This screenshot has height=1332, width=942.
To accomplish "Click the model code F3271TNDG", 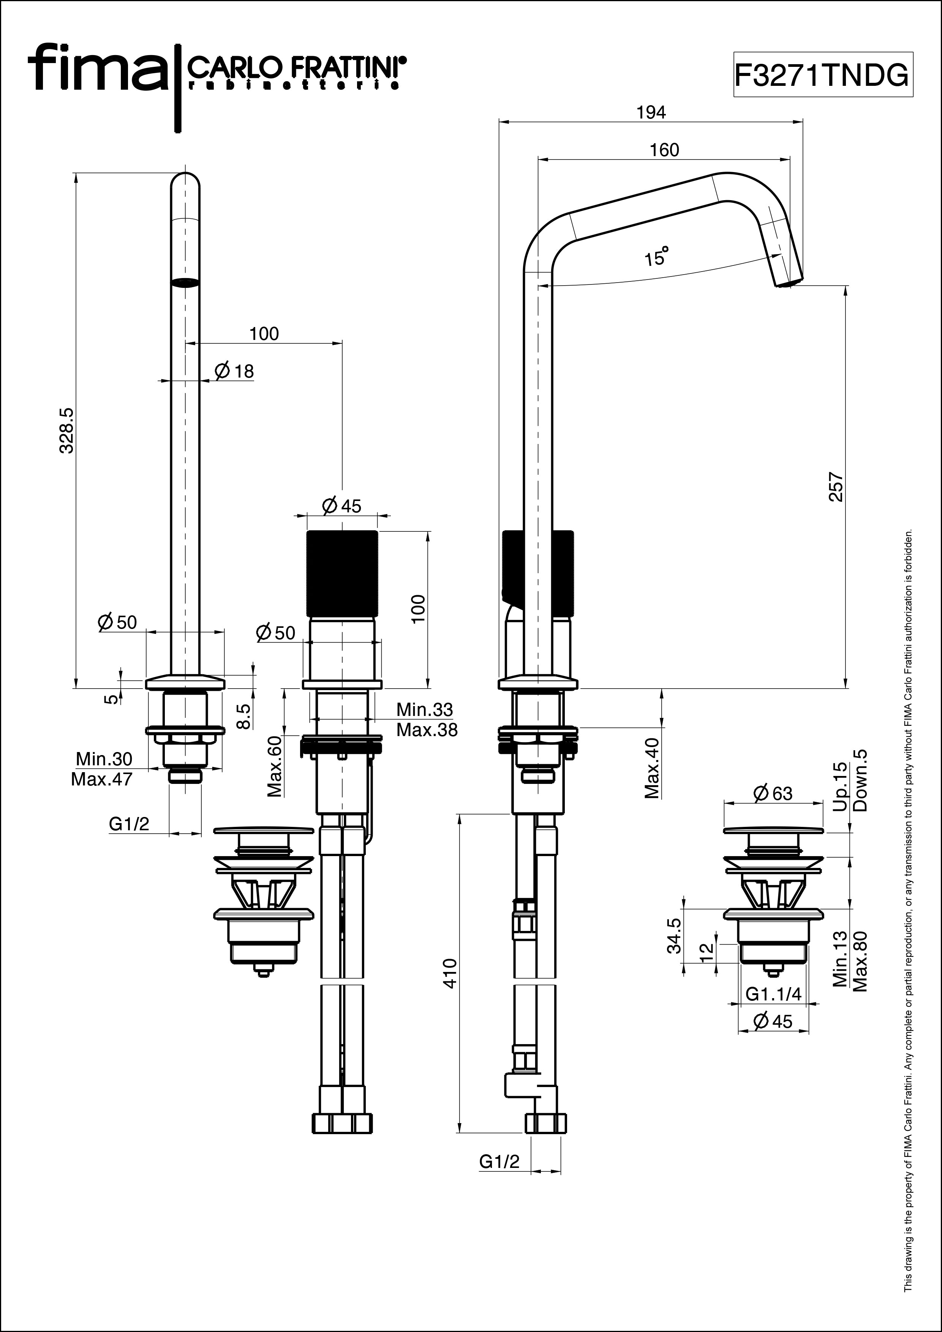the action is click(x=822, y=74).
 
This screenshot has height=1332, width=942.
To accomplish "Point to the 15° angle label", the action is click(x=657, y=256).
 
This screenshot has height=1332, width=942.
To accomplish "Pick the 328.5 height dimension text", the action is click(x=67, y=430).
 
